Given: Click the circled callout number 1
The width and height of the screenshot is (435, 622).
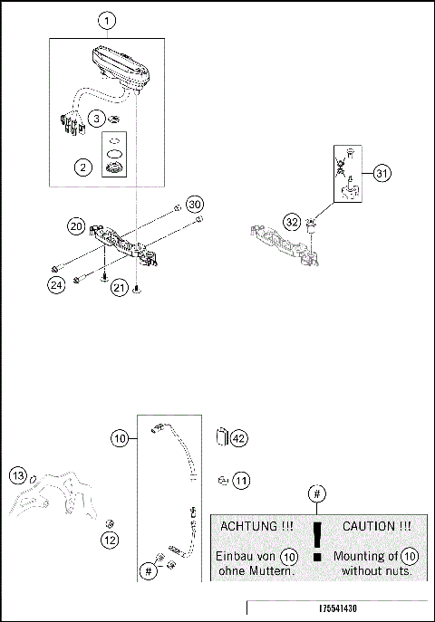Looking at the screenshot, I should (107, 20).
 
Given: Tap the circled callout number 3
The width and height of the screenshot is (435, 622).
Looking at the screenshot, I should (96, 119).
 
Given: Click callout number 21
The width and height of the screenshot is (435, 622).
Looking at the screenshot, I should (119, 288).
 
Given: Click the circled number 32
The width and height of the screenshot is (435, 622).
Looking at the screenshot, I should (291, 221).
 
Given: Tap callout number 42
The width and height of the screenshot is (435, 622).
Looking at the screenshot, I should (239, 438).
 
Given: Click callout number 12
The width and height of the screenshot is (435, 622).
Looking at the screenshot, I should (109, 541).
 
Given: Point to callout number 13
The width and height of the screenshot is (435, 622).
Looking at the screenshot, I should (16, 475).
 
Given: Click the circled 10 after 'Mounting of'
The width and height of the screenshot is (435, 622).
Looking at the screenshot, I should (410, 556).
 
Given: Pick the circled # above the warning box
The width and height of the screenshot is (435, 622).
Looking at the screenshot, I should (315, 493).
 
